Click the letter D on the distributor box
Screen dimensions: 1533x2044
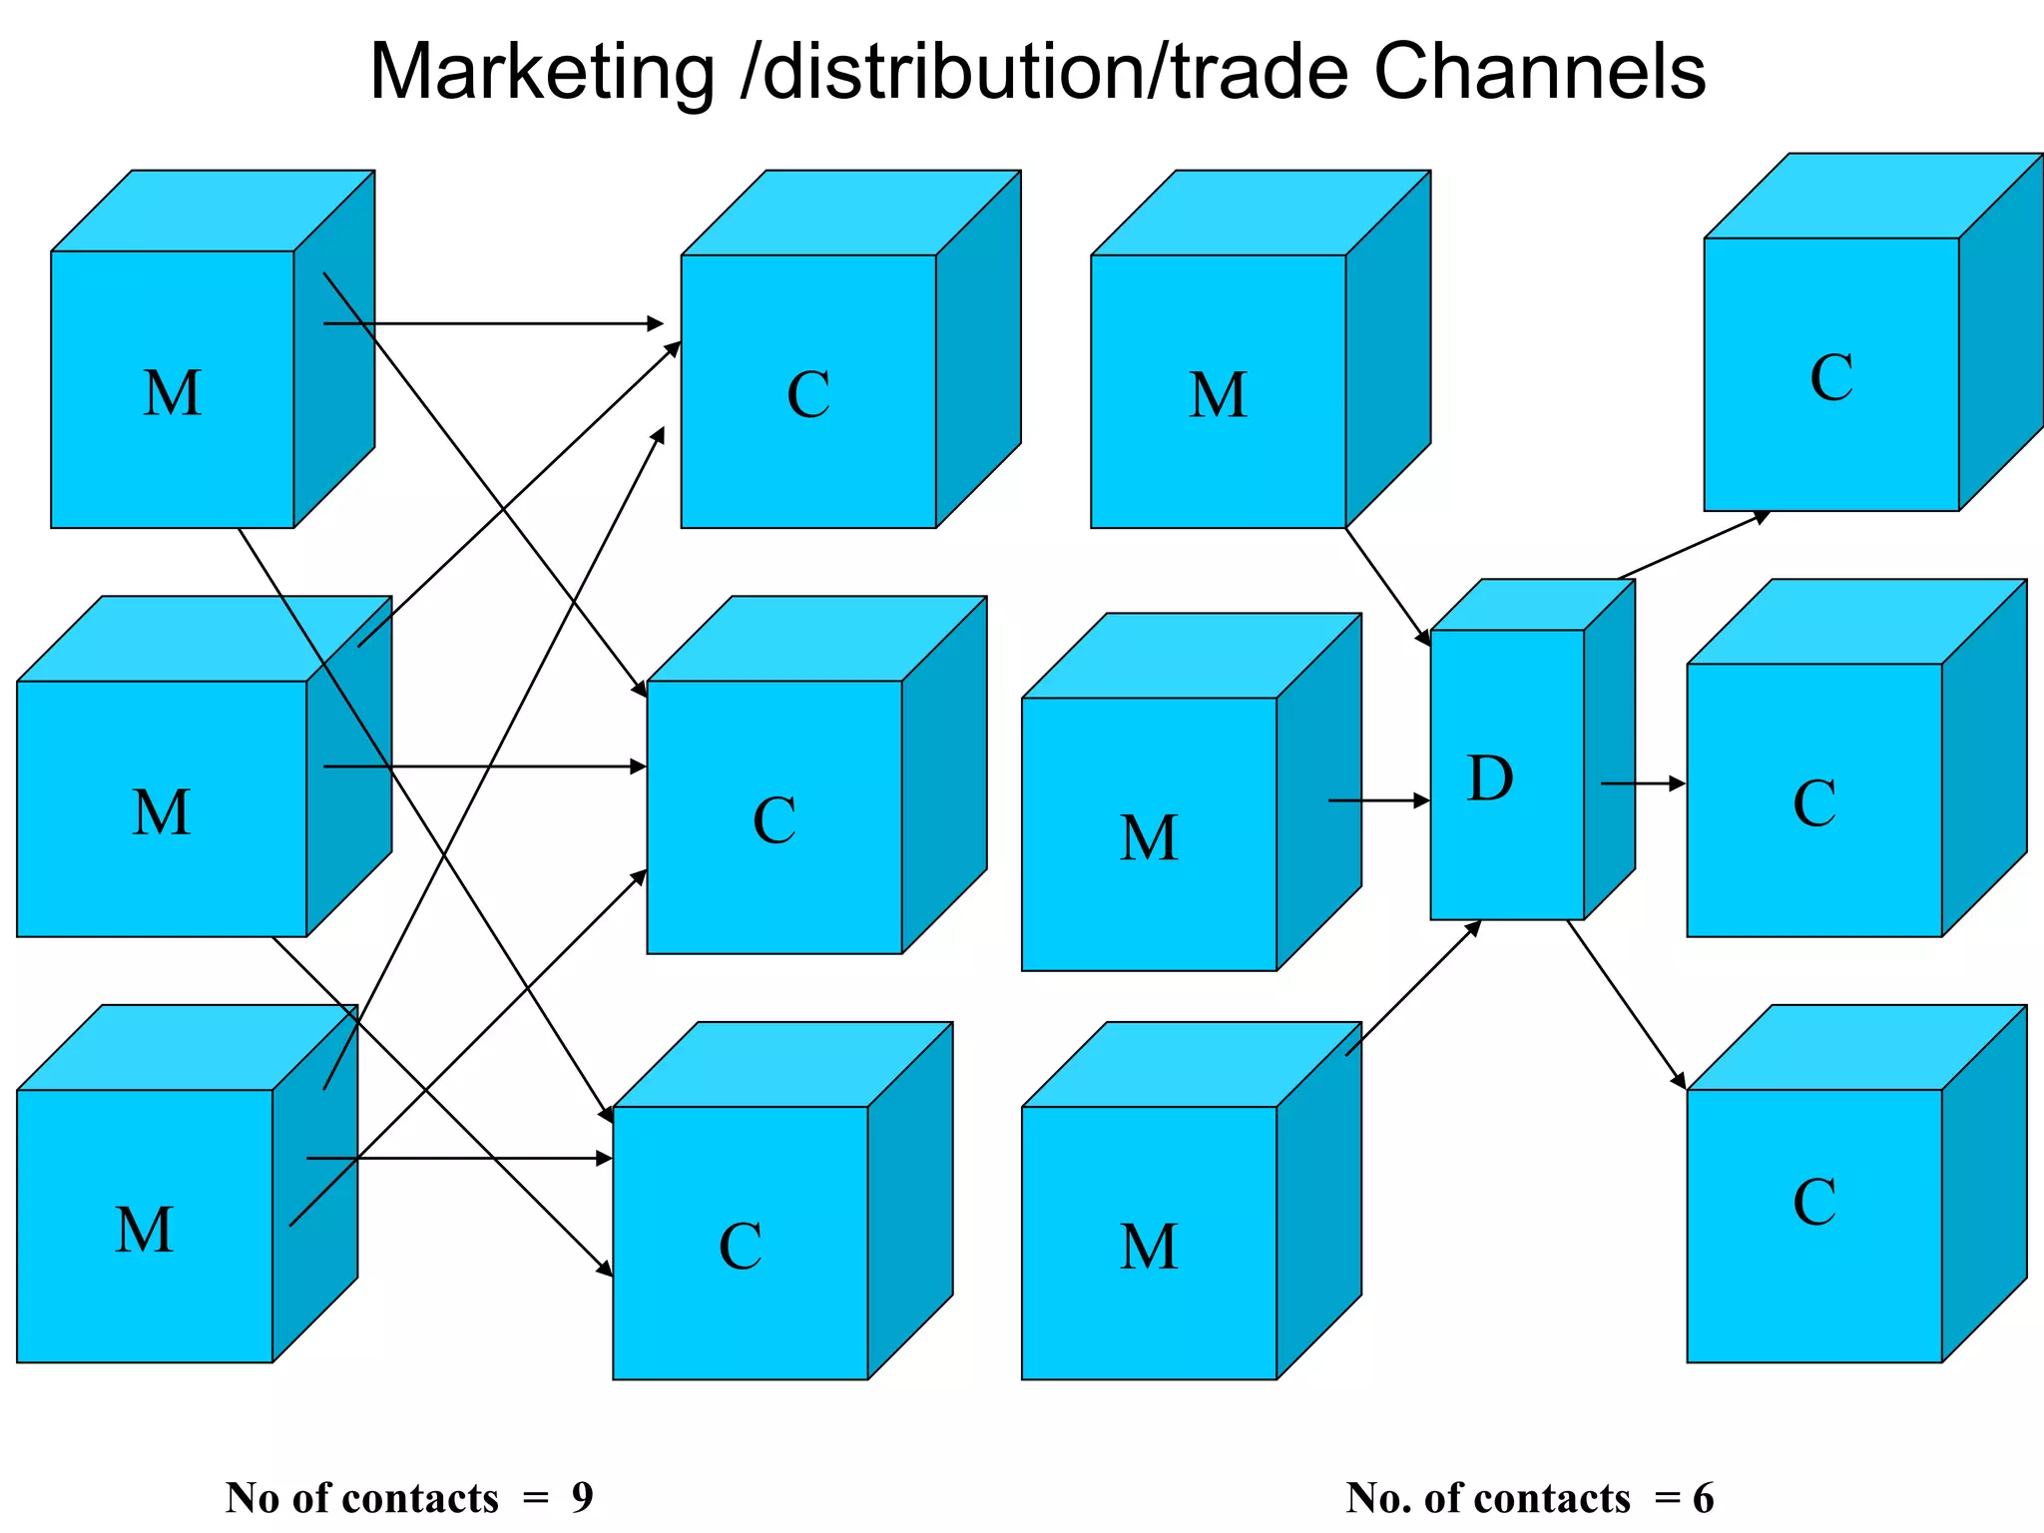[x=1489, y=778]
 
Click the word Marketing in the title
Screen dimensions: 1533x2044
[x=542, y=72]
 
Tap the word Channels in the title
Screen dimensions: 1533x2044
[x=1539, y=72]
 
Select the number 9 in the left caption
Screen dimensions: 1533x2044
[x=582, y=1497]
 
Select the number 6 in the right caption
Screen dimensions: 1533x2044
[x=1703, y=1498]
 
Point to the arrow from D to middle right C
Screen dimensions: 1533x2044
[x=1643, y=784]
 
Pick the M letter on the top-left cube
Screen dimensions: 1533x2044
[x=172, y=392]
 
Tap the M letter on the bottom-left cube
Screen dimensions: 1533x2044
[x=145, y=1229]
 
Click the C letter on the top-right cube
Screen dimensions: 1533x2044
[x=1831, y=377]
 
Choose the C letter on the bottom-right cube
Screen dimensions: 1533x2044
[x=1813, y=1202]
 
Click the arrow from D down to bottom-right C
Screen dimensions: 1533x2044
[x=1627, y=1004]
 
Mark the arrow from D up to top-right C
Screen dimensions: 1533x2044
[x=1693, y=545]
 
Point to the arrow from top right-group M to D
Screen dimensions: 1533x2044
[x=1388, y=586]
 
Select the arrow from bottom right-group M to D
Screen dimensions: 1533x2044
[x=1412, y=988]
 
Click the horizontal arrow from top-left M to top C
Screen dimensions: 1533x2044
[x=494, y=323]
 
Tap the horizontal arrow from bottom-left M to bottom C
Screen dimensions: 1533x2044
[x=459, y=1159]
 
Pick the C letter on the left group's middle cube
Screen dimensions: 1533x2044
[x=773, y=820]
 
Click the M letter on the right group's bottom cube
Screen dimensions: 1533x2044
[x=1149, y=1247]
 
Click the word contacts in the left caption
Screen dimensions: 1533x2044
[x=435, y=1497]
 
